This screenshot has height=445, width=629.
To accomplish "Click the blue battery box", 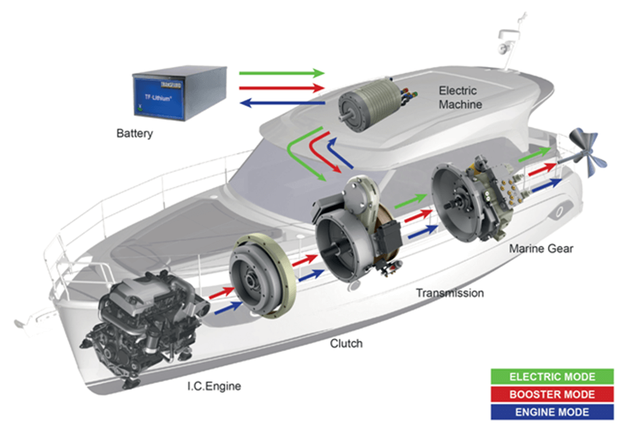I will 178,93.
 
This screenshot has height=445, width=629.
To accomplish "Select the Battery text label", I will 134,134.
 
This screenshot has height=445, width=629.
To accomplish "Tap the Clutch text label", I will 346,344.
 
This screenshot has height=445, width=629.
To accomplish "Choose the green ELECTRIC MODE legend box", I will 552,377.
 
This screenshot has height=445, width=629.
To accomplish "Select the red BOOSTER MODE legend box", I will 552,394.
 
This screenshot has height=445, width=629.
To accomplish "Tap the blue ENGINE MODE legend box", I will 552,412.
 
